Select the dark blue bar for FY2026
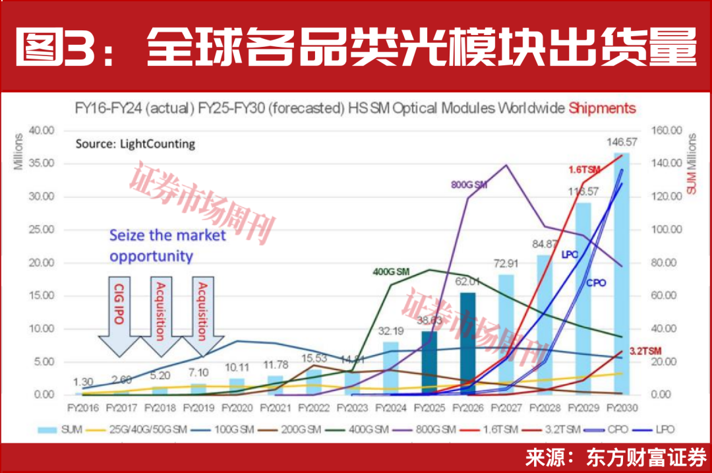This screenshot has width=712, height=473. [467, 343]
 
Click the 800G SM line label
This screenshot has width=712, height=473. [469, 185]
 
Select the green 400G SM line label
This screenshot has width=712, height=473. [392, 271]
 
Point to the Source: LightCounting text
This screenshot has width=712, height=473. [135, 144]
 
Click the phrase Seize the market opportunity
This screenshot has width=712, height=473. [167, 245]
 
